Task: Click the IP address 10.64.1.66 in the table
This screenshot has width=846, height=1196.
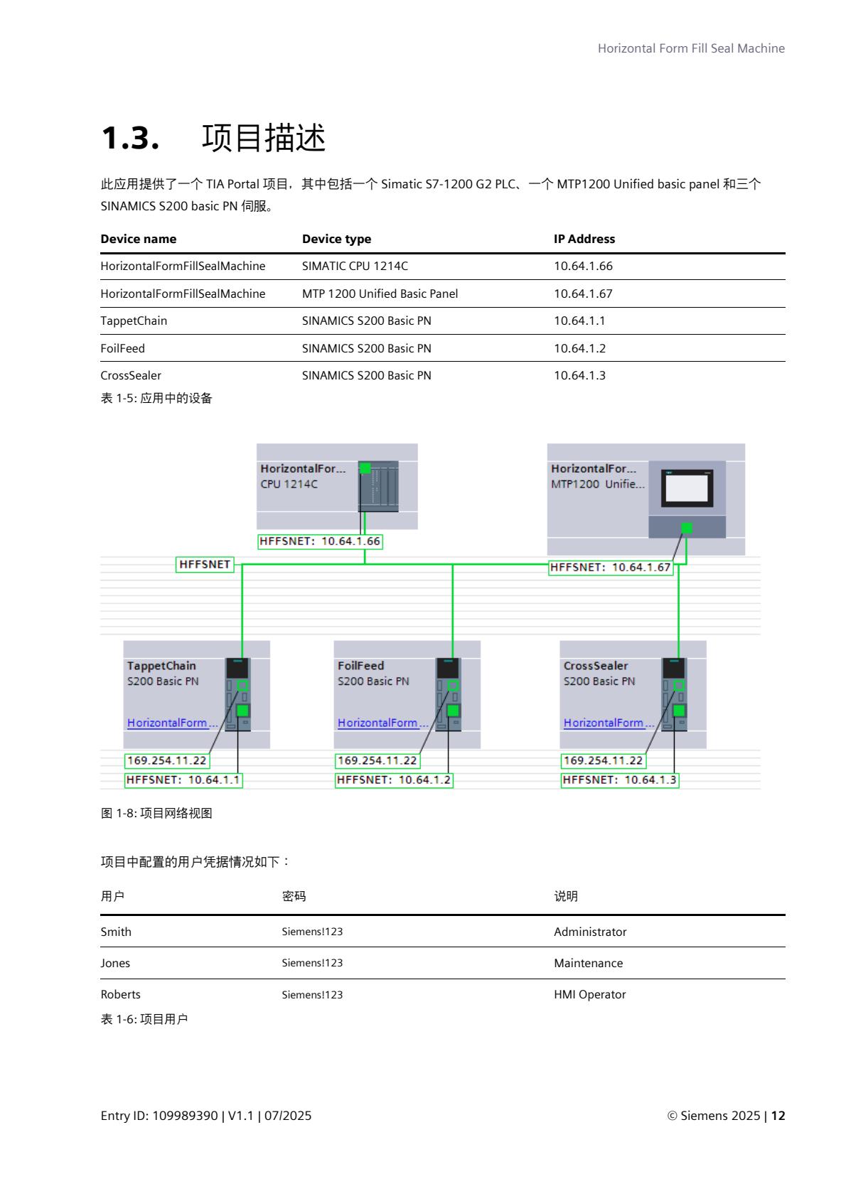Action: [x=583, y=266]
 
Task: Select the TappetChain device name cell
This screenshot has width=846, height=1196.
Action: [x=134, y=321]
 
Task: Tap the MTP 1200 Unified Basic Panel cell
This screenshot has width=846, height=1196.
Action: [x=380, y=293]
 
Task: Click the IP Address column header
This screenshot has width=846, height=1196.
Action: [x=584, y=239]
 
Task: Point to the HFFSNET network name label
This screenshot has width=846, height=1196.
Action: [x=205, y=564]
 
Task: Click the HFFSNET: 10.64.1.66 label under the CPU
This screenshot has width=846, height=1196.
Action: [x=320, y=542]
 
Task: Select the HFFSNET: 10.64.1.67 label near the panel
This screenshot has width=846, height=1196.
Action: [x=610, y=568]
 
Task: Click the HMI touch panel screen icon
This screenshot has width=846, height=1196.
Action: [x=686, y=488]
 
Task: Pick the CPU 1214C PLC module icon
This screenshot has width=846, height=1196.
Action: [x=378, y=486]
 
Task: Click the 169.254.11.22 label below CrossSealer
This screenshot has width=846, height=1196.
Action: [x=603, y=760]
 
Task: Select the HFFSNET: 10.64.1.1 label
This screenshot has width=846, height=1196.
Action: [x=183, y=780]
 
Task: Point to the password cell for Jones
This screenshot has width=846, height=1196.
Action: [x=312, y=963]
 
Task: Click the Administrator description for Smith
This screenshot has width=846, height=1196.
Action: [x=590, y=932]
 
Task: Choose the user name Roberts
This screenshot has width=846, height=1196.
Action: [x=120, y=994]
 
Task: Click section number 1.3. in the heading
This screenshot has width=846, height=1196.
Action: [x=130, y=137]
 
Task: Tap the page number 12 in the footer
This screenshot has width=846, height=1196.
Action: [x=778, y=1116]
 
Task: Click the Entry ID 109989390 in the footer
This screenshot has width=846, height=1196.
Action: [x=185, y=1116]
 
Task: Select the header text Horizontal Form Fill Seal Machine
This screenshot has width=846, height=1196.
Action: [x=691, y=48]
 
